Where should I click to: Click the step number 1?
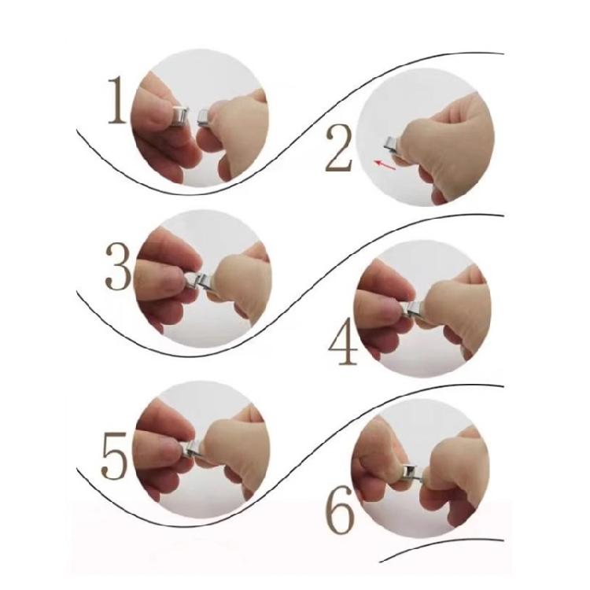pos(117,100)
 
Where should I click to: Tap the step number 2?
pos(338,149)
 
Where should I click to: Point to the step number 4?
pos(342,341)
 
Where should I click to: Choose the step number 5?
pos(115,455)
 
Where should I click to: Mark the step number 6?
pos(340,510)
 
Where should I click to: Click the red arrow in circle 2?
pos(385,165)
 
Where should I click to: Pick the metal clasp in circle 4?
pos(413,308)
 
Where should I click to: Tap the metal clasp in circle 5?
pos(192,448)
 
